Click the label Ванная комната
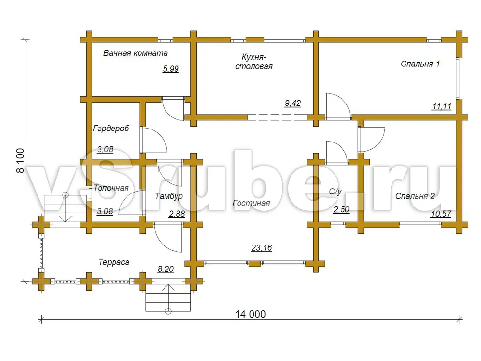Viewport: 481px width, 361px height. pyautogui.click(x=135, y=53)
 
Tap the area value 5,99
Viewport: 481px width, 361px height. pyautogui.click(x=171, y=69)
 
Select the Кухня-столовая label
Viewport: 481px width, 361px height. pyautogui.click(x=253, y=62)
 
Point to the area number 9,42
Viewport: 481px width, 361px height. pyautogui.click(x=292, y=103)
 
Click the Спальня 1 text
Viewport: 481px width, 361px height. pyautogui.click(x=420, y=64)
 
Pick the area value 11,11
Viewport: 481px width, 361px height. pyautogui.click(x=442, y=106)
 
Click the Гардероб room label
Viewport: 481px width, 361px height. pyautogui.click(x=111, y=129)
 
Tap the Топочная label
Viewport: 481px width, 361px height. pyautogui.click(x=111, y=188)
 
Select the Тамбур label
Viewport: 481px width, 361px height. pyautogui.click(x=169, y=196)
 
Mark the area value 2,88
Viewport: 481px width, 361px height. pyautogui.click(x=177, y=214)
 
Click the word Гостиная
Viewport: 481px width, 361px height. pyautogui.click(x=251, y=203)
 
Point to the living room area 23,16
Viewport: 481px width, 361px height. pyautogui.click(x=261, y=248)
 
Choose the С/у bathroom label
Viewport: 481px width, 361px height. pyautogui.click(x=335, y=192)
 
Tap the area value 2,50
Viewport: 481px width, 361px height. pyautogui.click(x=342, y=209)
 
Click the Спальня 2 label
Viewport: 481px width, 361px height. pyautogui.click(x=415, y=196)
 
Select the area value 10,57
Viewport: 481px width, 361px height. pyautogui.click(x=441, y=214)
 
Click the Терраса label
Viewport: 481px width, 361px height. pyautogui.click(x=114, y=262)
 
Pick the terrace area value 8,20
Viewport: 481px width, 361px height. pyautogui.click(x=165, y=269)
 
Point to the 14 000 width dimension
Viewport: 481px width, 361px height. pyautogui.click(x=250, y=314)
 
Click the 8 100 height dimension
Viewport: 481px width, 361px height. pyautogui.click(x=20, y=161)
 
